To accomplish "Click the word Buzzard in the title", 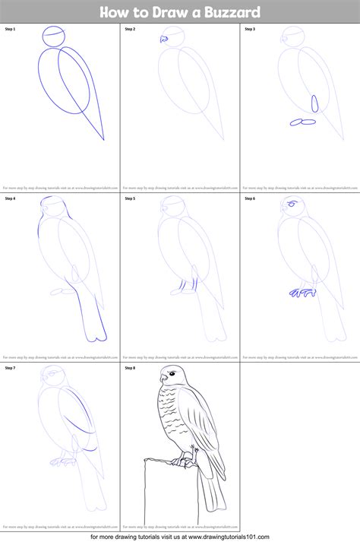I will (232, 11).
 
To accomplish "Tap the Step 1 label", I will (11, 29).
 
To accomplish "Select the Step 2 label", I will (130, 29).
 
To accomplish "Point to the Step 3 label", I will (250, 29).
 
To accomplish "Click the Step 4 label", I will (11, 198).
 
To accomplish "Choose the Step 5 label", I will (130, 198).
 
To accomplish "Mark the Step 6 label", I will (250, 198).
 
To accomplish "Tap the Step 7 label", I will (11, 368).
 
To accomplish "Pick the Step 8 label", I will (130, 368).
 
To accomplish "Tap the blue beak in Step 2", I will (163, 40).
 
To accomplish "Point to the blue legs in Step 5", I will (181, 286).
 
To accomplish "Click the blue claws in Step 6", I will (302, 291).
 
